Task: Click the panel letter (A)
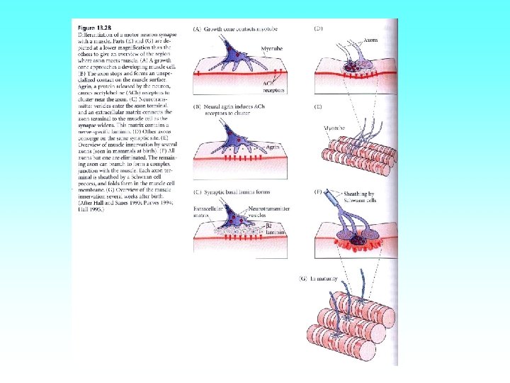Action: click(x=197, y=28)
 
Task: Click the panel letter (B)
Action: click(x=197, y=106)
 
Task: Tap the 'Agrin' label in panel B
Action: click(x=271, y=146)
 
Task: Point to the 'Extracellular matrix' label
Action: click(x=207, y=213)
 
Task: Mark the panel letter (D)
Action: click(x=318, y=28)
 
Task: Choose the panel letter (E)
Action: click(x=318, y=106)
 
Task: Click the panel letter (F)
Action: click(x=318, y=191)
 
